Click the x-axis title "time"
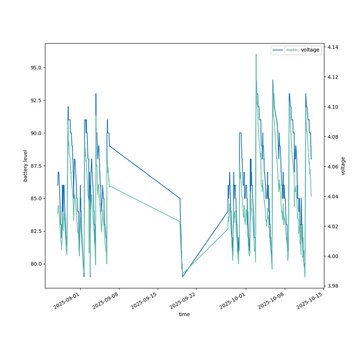[x=184, y=314]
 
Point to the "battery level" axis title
[x=26, y=166]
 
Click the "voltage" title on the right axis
[x=343, y=166]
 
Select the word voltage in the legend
[x=310, y=50]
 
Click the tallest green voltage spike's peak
[x=256, y=54]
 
